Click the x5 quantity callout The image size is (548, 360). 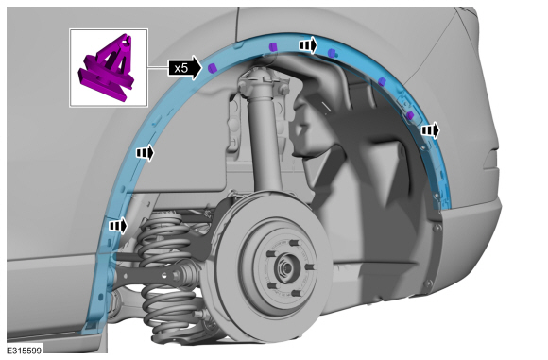(185, 68)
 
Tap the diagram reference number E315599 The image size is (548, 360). (25, 351)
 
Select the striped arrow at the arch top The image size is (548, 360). (308, 45)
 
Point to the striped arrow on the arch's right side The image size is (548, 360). (430, 130)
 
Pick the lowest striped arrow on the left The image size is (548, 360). (118, 226)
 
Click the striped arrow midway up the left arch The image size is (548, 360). (145, 152)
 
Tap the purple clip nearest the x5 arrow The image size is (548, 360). (212, 67)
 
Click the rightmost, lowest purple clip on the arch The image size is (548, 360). (410, 115)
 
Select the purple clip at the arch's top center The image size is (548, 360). (273, 46)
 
